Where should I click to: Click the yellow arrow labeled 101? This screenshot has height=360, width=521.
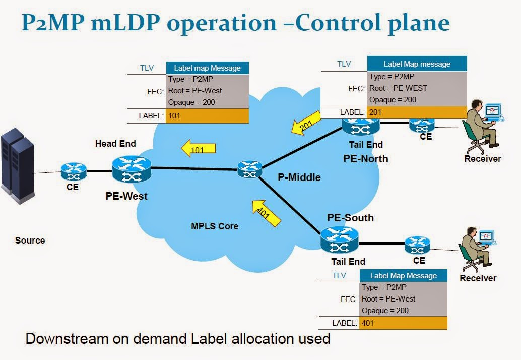click(199, 148)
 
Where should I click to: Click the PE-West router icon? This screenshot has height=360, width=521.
click(132, 169)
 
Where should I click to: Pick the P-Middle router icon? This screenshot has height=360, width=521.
click(250, 169)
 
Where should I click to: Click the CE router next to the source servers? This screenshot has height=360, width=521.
click(74, 172)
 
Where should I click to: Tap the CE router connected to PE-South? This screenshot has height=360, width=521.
click(418, 245)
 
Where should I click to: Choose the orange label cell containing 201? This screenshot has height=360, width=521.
click(417, 112)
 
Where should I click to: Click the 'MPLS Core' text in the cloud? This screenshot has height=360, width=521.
click(215, 226)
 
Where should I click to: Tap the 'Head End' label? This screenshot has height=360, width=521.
click(115, 144)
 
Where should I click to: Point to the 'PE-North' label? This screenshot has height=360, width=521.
click(366, 159)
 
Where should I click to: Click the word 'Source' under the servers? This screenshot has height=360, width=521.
click(30, 241)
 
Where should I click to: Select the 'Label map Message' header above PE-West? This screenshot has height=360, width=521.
click(207, 68)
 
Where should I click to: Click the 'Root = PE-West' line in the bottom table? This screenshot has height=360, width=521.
click(388, 299)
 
